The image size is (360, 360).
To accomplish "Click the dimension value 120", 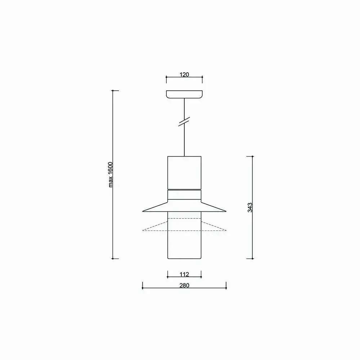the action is [184, 75].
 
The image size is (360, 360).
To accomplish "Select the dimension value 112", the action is [184, 274].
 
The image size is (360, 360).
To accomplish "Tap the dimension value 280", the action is [184, 285].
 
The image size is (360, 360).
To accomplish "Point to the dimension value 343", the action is [250, 208].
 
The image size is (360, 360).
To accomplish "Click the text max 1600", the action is [111, 175].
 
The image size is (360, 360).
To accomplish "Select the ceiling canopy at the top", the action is [184, 94].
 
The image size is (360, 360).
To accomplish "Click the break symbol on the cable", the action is [184, 121].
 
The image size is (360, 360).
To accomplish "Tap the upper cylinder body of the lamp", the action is [184, 173].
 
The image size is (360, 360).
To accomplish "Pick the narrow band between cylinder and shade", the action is [184, 195].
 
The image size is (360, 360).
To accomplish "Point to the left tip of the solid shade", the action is [143, 211].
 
